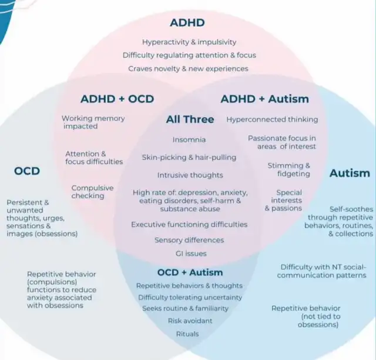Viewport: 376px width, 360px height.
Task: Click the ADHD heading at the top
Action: point(187,23)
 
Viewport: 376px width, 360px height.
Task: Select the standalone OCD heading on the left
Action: point(26,171)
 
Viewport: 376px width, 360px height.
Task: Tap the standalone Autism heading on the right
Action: point(350,173)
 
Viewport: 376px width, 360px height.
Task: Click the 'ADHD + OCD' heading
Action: point(117,99)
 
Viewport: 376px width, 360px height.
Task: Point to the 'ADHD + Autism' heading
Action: point(264,99)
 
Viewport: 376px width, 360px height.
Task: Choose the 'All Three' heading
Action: point(190,119)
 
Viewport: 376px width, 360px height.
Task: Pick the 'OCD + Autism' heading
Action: point(190,272)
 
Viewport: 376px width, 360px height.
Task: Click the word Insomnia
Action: point(189,140)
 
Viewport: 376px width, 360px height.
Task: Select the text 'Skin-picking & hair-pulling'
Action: point(189,157)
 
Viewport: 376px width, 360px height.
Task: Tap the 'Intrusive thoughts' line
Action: point(190,175)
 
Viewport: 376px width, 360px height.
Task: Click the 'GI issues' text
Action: point(190,254)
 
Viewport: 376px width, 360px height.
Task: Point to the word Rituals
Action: point(187,334)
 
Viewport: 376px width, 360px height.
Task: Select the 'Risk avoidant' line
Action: point(190,321)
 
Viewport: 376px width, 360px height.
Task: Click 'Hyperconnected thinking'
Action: point(272,119)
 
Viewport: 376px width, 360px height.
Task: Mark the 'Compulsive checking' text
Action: point(92,192)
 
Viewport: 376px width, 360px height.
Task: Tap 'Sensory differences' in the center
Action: point(189,240)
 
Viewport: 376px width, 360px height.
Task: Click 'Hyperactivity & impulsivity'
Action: point(189,42)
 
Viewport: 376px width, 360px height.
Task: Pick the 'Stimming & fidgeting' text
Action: point(289,169)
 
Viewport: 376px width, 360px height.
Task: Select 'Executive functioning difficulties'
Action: point(189,224)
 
